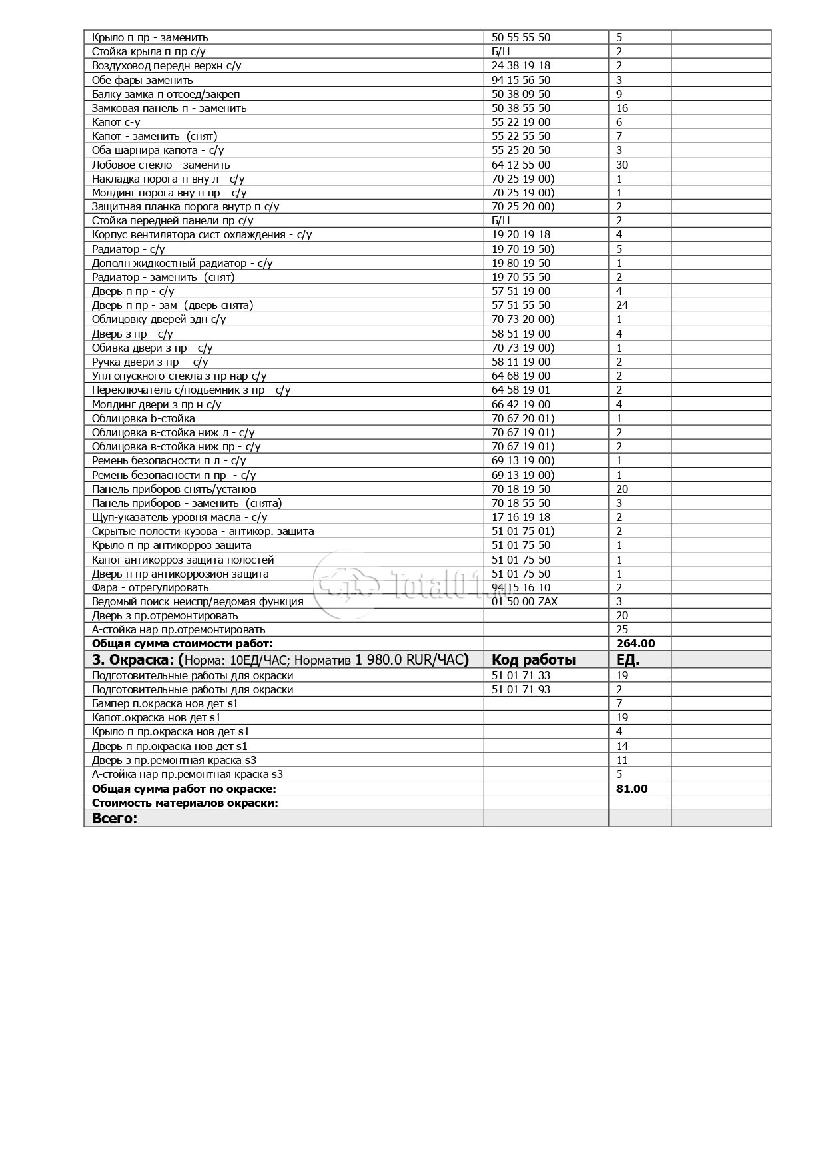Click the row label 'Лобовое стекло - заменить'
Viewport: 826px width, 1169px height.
click(161, 165)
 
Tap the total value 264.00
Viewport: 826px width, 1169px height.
click(635, 643)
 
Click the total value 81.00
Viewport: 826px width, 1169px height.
click(632, 789)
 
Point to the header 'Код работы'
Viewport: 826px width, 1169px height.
click(534, 660)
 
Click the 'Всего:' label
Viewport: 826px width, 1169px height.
click(114, 819)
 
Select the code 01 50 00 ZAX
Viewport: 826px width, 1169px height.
click(524, 601)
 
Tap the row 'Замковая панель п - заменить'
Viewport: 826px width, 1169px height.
click(169, 108)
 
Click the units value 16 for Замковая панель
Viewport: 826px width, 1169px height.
click(622, 108)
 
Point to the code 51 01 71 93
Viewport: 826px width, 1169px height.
click(521, 689)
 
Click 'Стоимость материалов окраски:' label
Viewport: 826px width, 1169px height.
click(185, 803)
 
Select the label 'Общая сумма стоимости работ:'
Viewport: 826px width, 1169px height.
click(182, 643)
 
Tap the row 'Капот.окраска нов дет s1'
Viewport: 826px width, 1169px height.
click(156, 717)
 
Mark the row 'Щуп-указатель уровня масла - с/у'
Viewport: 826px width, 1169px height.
click(179, 517)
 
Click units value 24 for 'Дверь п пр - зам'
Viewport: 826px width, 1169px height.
click(622, 305)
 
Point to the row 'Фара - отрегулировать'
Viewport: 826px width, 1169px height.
click(150, 587)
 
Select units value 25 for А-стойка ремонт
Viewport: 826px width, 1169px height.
click(622, 629)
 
